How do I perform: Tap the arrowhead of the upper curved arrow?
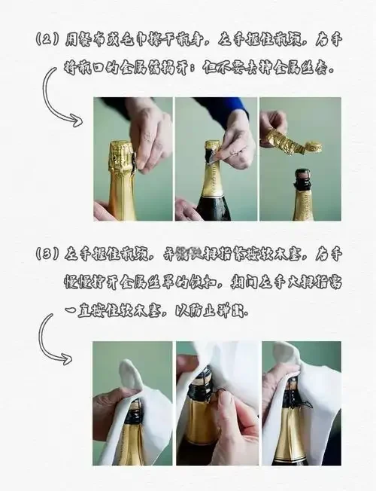[76, 120]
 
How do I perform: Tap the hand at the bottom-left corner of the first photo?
[105, 210]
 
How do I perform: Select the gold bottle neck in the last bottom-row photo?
[290, 437]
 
